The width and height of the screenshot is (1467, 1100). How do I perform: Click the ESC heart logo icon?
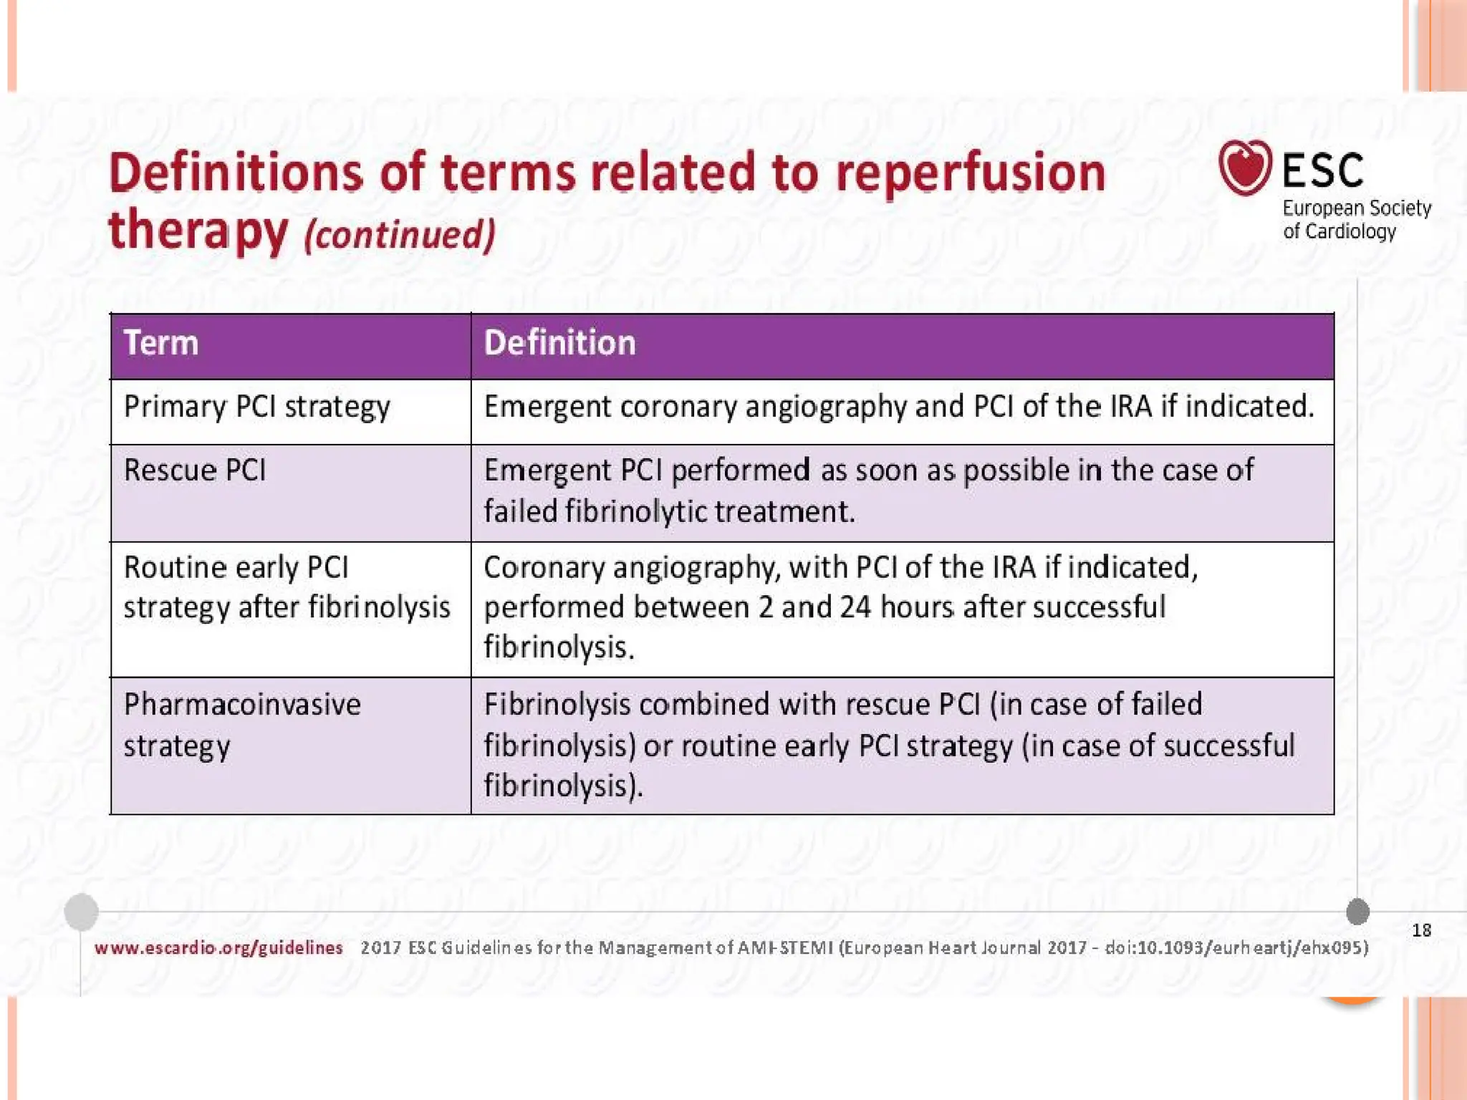tap(1244, 168)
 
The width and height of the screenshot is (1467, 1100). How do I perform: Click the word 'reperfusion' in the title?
tap(971, 173)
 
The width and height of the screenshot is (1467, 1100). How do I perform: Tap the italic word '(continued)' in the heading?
tap(400, 235)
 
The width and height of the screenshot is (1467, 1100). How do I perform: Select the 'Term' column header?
tap(161, 343)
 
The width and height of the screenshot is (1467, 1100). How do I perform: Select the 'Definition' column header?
tap(559, 343)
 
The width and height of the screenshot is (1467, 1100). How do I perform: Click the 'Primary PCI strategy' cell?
tap(256, 407)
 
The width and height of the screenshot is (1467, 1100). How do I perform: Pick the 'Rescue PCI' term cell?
tap(195, 471)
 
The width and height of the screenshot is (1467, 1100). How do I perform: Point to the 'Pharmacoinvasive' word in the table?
tap(242, 705)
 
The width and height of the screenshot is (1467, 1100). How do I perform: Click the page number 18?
tap(1421, 930)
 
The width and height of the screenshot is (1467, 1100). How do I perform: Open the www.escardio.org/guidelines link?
tap(218, 948)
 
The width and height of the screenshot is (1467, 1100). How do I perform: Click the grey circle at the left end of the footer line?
tap(81, 912)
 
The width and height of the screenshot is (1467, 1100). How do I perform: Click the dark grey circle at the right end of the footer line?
tap(1357, 912)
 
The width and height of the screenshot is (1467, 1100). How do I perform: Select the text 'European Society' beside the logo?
tap(1356, 208)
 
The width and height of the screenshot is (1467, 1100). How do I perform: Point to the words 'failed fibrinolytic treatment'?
tap(669, 512)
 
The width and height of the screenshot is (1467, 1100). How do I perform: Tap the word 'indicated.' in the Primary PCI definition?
tap(1250, 407)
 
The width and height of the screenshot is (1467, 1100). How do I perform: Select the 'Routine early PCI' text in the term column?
tap(236, 568)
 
